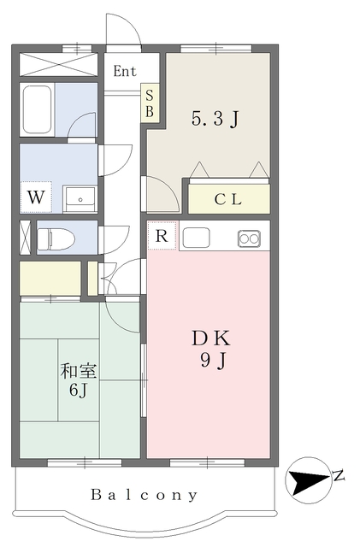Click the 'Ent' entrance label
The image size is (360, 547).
pyautogui.click(x=125, y=71)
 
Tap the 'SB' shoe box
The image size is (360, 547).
pyautogui.click(x=150, y=103)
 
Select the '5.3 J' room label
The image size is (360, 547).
pyautogui.click(x=215, y=120)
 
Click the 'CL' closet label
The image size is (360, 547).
pyautogui.click(x=228, y=199)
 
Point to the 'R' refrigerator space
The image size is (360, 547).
pyautogui.click(x=162, y=236)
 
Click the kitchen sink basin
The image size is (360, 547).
pyautogui.click(x=196, y=238)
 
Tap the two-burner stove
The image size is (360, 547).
pyautogui.click(x=249, y=238)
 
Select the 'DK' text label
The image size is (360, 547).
pyautogui.click(x=211, y=338)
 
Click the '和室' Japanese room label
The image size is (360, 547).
pyautogui.click(x=79, y=371)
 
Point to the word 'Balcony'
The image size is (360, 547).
pyautogui.click(x=145, y=495)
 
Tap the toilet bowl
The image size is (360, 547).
pyautogui.click(x=56, y=239)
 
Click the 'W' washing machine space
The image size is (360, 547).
pyautogui.click(x=36, y=197)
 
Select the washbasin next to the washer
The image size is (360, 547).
pyautogui.click(x=80, y=199)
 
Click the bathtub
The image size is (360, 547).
pyautogui.click(x=38, y=109)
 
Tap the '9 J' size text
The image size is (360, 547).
pyautogui.click(x=213, y=361)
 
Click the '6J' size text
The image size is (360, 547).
pyautogui.click(x=78, y=390)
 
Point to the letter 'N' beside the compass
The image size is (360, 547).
pyautogui.click(x=339, y=475)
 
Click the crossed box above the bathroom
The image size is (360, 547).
pyautogui.click(x=58, y=65)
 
